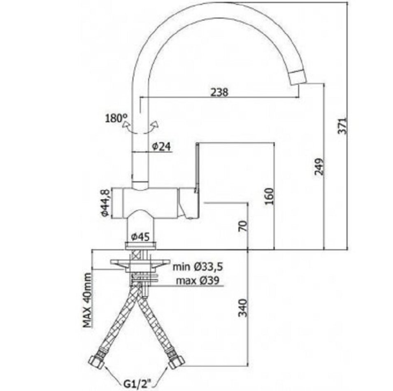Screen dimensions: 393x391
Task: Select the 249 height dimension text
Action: tap(319, 167)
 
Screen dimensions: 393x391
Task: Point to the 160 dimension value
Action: tap(270, 196)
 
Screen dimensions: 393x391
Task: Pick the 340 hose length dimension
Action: tap(242, 308)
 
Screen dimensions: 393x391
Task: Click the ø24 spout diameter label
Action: tap(162, 146)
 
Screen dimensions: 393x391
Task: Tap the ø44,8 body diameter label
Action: tap(105, 203)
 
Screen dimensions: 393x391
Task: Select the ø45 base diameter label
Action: tap(140, 236)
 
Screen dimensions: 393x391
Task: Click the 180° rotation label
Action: tap(116, 118)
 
